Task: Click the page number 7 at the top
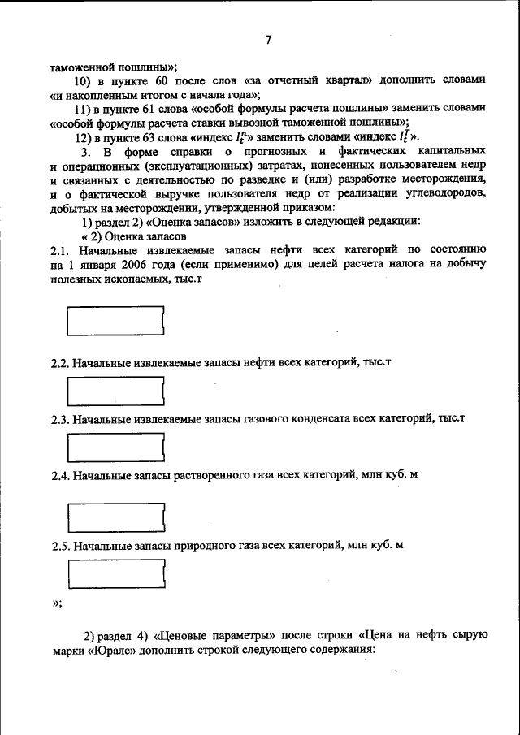pyautogui.click(x=269, y=41)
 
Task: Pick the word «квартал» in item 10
pyautogui.click(x=329, y=80)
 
